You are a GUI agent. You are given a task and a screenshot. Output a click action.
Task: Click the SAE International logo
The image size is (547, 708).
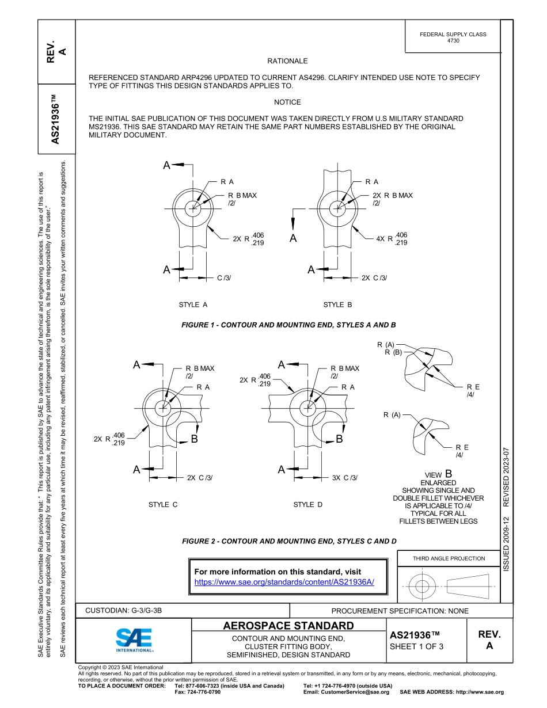134,639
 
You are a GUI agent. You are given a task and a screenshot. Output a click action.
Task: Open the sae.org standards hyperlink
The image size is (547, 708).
284,582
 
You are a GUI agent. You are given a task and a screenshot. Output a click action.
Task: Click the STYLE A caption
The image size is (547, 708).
193,304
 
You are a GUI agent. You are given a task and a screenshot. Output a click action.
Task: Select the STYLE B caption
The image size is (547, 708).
337,304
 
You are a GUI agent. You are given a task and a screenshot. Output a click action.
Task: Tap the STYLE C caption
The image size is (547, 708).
163,505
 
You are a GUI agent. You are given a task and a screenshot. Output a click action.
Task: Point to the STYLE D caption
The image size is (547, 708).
308,505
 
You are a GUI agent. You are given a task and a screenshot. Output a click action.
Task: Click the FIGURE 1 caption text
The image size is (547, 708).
288,325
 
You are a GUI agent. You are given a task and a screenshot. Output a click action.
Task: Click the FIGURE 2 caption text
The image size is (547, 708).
289,541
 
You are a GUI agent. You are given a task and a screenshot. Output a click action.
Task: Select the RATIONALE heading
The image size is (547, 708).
287,61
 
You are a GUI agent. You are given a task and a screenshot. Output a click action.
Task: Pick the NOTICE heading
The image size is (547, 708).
287,102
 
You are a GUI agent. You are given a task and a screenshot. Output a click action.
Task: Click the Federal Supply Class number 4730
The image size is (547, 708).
453,41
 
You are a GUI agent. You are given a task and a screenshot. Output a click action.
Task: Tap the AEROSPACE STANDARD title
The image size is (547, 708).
288,626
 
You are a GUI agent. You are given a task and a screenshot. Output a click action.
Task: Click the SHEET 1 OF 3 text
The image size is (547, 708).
417,646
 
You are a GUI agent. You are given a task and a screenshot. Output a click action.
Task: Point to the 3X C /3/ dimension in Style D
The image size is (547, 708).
345,478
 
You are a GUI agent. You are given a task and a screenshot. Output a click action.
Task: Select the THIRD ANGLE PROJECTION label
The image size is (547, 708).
449,558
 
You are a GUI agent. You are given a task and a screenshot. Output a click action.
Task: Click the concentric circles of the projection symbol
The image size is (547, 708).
423,587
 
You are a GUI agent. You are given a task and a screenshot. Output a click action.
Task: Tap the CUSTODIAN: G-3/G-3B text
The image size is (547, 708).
128,611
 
